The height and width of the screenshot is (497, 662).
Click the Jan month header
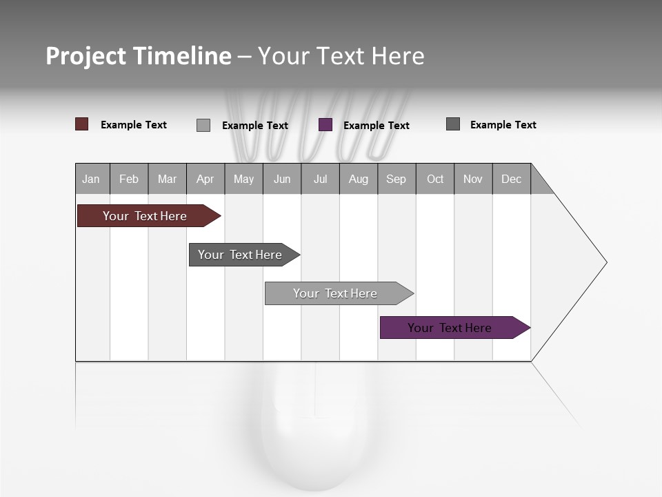[92, 179]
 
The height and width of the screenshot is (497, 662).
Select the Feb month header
[129, 179]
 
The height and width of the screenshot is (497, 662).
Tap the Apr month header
[205, 179]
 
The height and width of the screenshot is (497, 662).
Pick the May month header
[243, 179]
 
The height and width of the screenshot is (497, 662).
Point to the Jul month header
[320, 179]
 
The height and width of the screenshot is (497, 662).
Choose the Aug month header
[359, 179]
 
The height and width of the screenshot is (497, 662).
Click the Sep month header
[397, 179]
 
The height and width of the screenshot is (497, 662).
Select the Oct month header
[435, 179]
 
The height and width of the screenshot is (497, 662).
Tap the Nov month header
[473, 179]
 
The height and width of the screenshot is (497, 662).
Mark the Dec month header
[512, 179]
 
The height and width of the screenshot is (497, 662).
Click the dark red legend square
[82, 124]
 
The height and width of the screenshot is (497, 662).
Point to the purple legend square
[325, 125]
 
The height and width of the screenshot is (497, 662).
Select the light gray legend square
[203, 125]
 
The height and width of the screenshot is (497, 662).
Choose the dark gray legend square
[453, 124]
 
